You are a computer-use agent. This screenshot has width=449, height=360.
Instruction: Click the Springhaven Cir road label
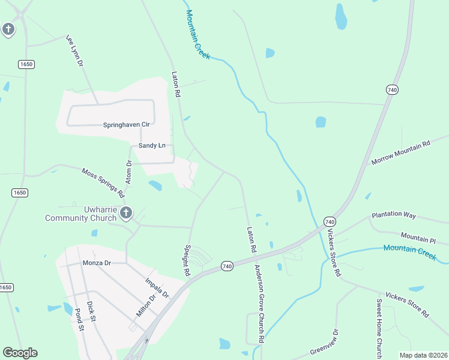126,125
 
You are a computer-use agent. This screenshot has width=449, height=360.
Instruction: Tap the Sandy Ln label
152,146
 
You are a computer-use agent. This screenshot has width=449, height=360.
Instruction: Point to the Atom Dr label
128,172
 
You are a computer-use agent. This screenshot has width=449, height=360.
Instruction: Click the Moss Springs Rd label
103,182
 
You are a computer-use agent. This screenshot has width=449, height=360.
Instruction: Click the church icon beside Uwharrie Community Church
126,212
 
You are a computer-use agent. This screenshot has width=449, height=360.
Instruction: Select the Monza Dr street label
97,263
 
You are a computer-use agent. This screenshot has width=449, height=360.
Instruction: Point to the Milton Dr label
146,306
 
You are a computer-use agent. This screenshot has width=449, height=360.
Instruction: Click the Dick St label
91,311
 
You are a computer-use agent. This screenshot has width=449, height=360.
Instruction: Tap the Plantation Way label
393,214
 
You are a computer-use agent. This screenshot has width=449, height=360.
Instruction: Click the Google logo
20,353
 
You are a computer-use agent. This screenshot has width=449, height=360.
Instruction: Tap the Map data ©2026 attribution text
423,355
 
